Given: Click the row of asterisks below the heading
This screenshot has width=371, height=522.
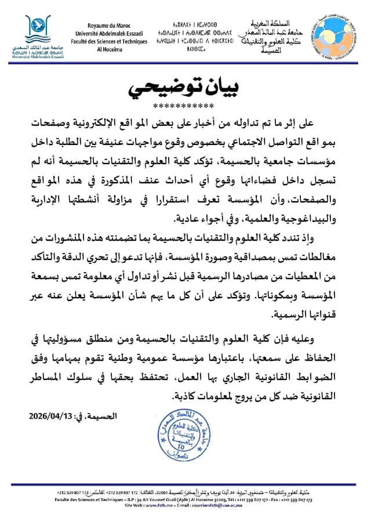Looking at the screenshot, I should coord(184,106).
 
